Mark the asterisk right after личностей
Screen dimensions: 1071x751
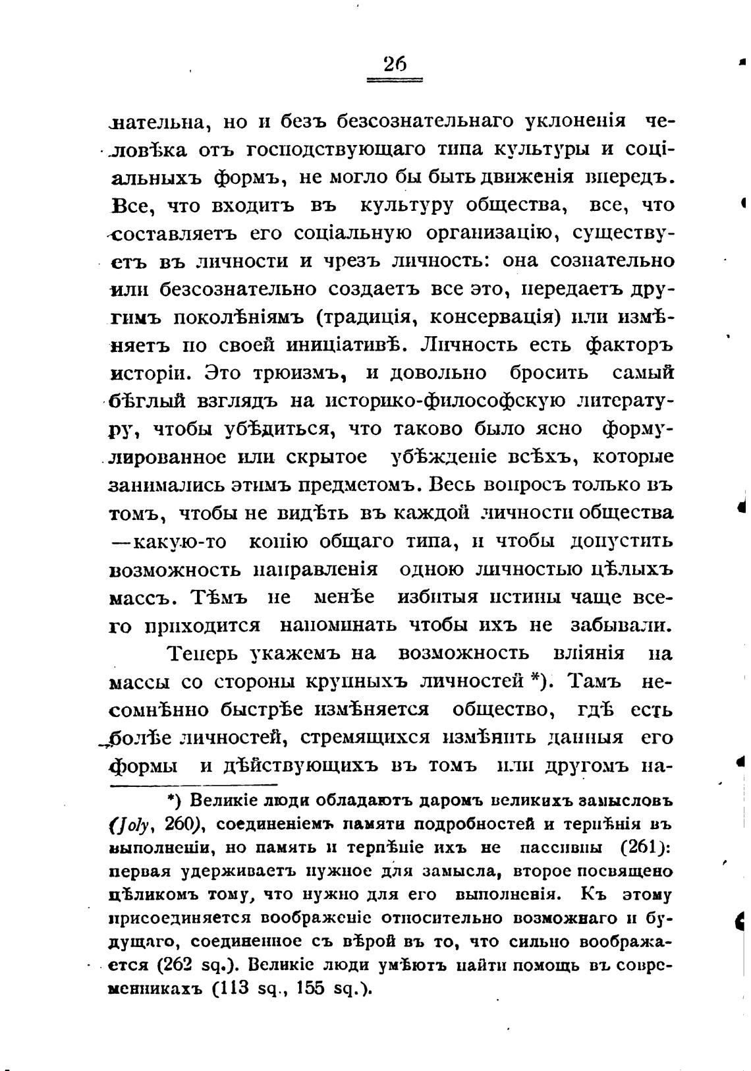(x=535, y=679)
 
